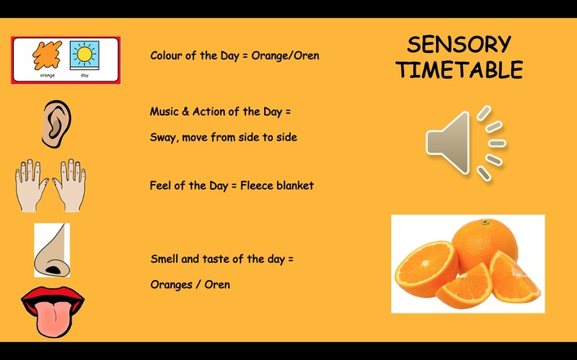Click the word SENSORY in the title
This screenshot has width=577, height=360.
tap(459, 44)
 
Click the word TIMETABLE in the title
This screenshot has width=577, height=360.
tap(460, 69)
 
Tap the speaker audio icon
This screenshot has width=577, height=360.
tap(466, 143)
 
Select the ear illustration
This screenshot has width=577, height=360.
tap(56, 124)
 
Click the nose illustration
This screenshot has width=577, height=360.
tap(52, 250)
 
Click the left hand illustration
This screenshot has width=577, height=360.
tap(31, 185)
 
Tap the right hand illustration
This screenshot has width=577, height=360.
tap(69, 185)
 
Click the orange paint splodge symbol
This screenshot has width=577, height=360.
tap(47, 55)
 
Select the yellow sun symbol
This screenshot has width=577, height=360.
tap(84, 55)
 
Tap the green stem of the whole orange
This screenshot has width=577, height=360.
tap(486, 222)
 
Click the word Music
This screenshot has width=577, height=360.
tap(164, 112)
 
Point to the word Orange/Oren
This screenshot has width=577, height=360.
tap(285, 56)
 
